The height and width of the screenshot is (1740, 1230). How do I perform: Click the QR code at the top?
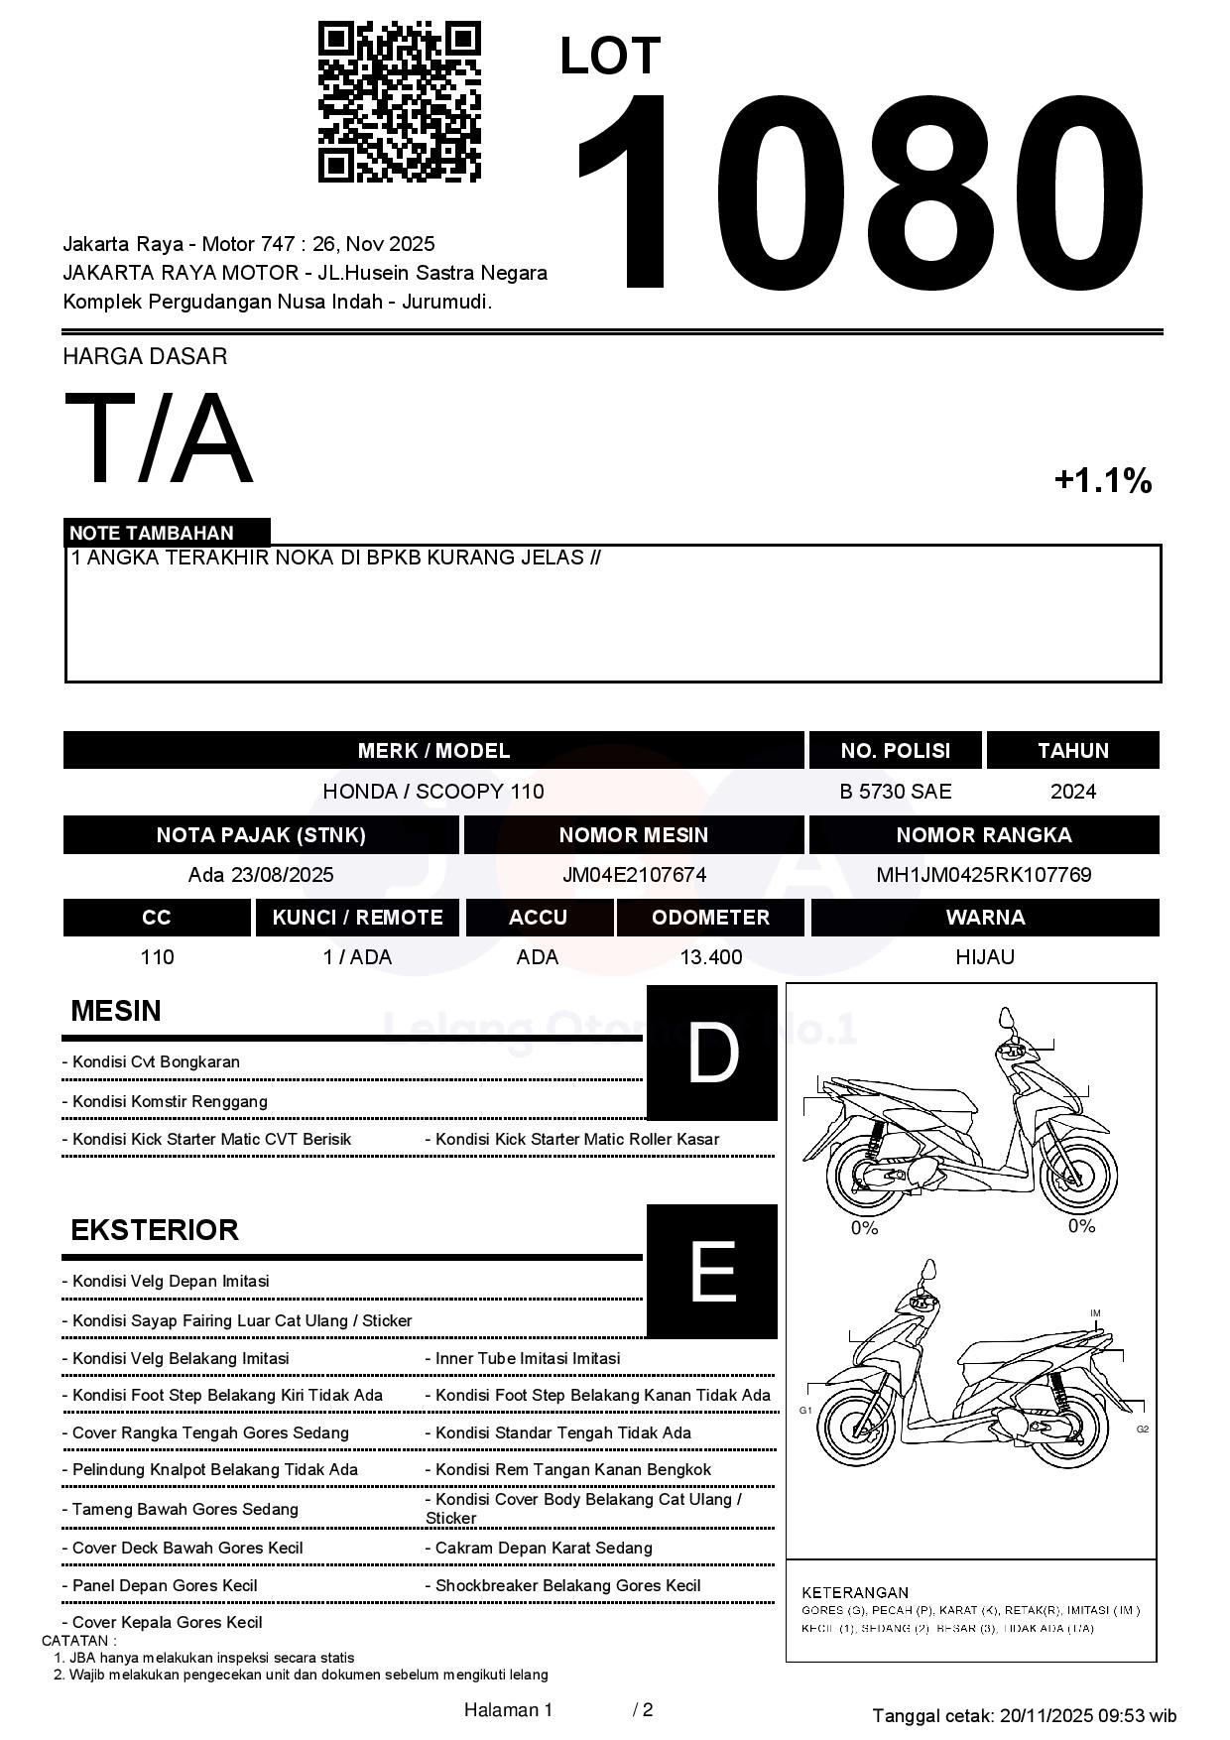click(399, 102)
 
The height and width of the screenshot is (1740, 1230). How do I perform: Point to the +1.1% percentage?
click(1102, 481)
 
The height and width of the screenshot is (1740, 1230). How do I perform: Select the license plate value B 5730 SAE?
click(895, 792)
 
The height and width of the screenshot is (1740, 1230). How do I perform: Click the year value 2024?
click(1073, 792)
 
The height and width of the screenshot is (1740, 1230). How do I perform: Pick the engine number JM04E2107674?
click(634, 875)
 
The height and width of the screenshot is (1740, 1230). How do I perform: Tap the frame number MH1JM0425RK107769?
click(983, 875)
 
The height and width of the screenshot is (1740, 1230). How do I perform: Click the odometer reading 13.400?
click(710, 957)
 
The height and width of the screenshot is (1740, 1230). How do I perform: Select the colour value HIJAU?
click(984, 957)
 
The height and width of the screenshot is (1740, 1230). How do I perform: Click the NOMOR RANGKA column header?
click(983, 835)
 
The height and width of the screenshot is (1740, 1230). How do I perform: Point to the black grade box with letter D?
click(711, 1053)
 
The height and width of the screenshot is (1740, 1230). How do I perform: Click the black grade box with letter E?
click(711, 1271)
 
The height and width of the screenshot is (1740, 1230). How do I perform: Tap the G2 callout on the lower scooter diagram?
click(1143, 1429)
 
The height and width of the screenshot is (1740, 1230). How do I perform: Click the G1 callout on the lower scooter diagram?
click(805, 1410)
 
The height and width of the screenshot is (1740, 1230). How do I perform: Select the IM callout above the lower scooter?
click(1095, 1313)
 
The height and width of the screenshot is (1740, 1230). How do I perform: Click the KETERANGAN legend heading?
click(855, 1592)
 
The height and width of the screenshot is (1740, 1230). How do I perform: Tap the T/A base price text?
click(159, 438)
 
